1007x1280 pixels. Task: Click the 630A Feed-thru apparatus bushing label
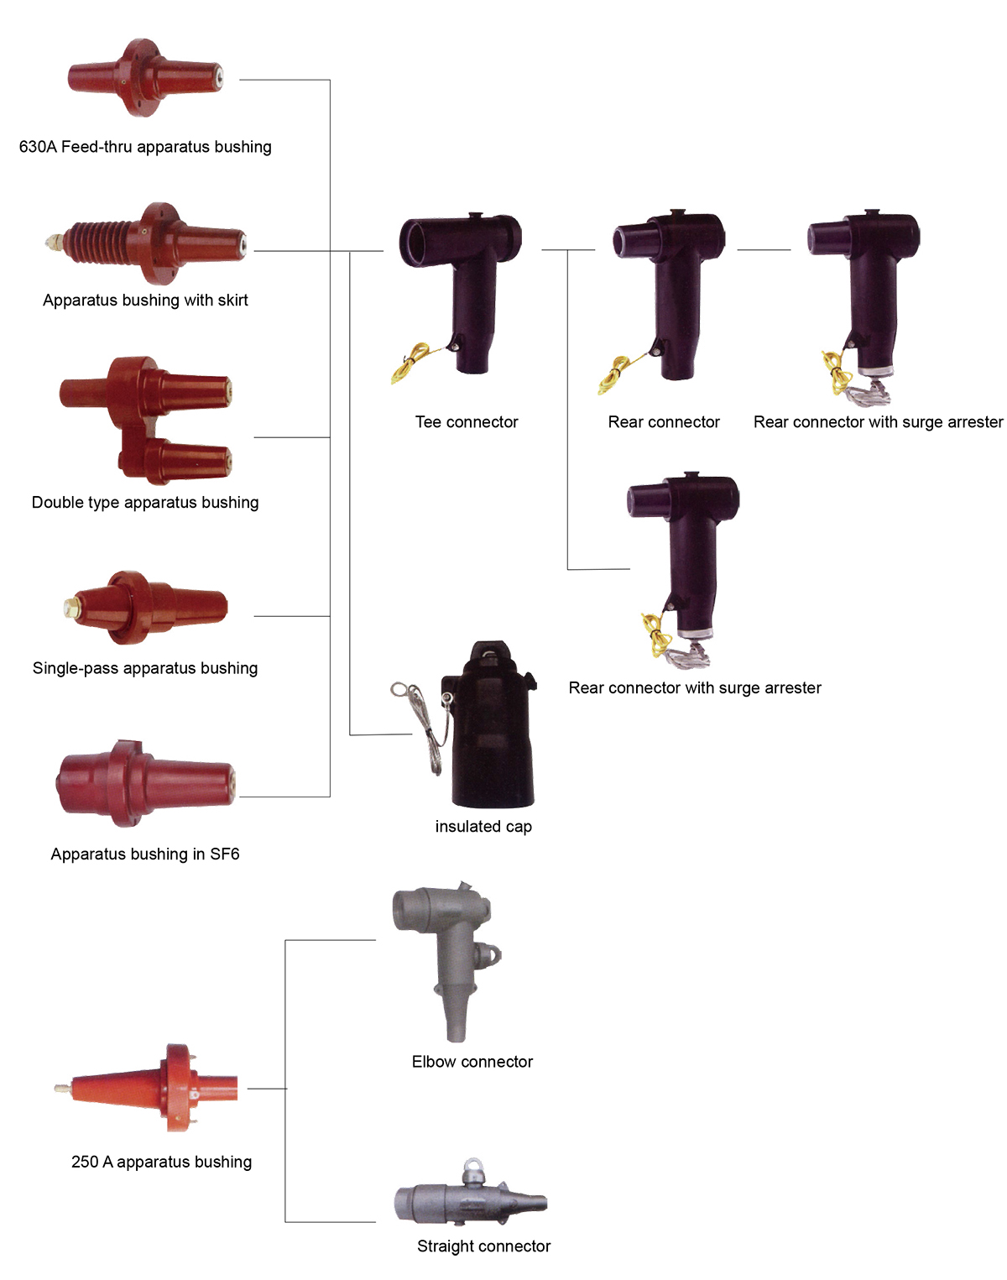[x=145, y=147]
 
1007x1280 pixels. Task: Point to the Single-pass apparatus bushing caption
[x=145, y=668]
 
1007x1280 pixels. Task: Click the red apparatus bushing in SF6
[x=145, y=778]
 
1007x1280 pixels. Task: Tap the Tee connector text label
[x=467, y=422]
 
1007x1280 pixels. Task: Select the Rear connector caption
[x=664, y=422]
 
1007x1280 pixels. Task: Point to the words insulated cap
[x=483, y=827]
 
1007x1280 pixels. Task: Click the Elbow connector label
[x=472, y=1062]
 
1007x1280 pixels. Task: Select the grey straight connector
[x=470, y=1200]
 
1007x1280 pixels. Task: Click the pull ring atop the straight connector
[x=473, y=1167]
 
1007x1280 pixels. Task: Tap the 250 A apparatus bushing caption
[x=161, y=1162]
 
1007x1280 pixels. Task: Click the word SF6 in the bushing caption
[x=225, y=854]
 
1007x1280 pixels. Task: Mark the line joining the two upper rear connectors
[x=764, y=250]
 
